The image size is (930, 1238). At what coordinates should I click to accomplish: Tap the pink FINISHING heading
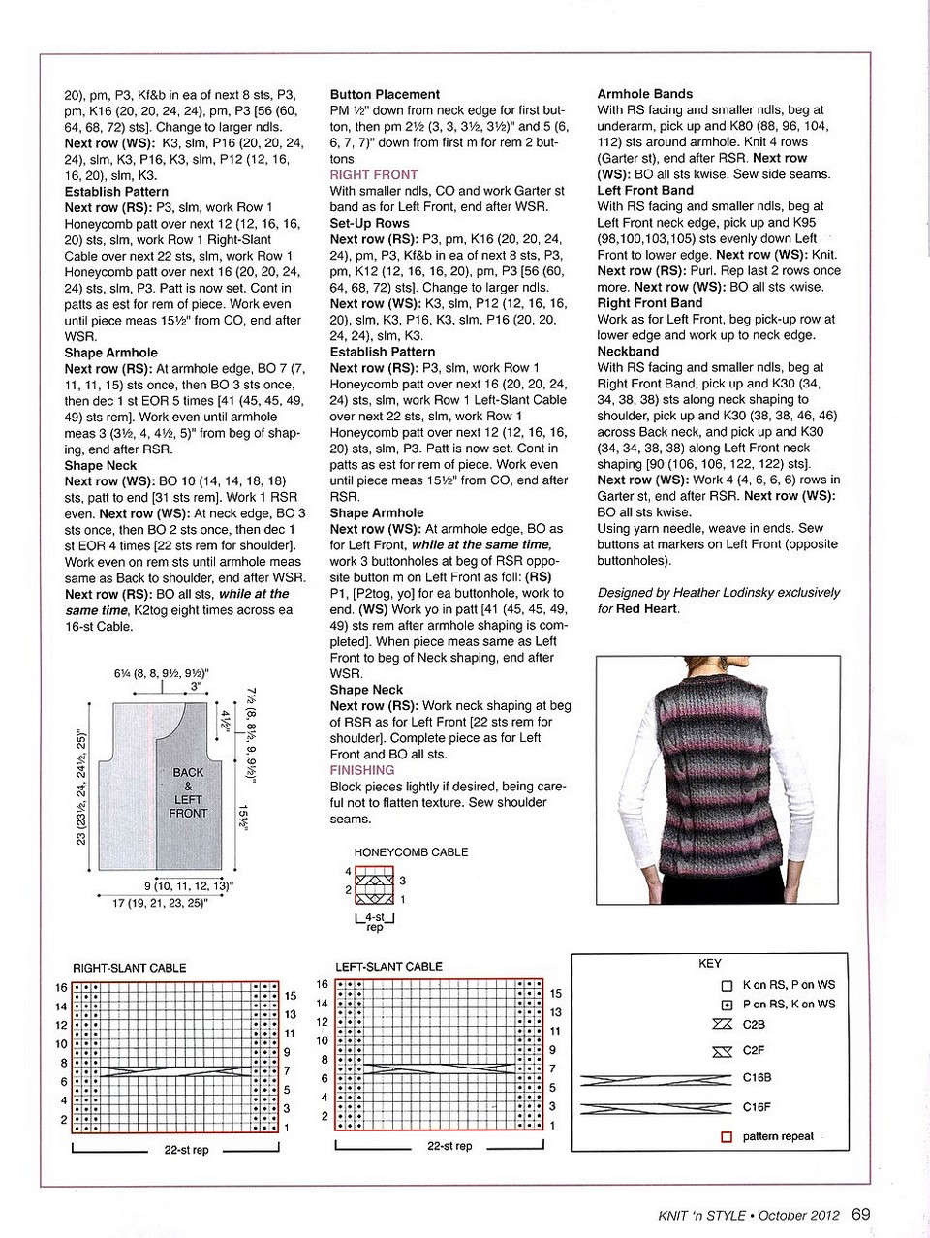click(362, 770)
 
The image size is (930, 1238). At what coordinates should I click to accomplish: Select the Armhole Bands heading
click(644, 94)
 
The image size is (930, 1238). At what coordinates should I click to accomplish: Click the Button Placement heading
click(385, 95)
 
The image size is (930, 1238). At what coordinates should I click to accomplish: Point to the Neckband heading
click(628, 352)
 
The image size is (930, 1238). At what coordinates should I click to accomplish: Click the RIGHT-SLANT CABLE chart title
click(130, 968)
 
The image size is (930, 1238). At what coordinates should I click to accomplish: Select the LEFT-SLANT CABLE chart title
click(388, 967)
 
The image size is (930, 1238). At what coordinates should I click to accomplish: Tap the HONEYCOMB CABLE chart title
click(411, 852)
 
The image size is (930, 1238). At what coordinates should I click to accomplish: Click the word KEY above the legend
click(709, 965)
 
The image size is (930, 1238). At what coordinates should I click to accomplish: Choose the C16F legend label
click(758, 1107)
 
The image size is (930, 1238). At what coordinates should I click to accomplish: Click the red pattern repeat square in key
click(727, 1137)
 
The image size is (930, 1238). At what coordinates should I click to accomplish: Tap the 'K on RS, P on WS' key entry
click(789, 985)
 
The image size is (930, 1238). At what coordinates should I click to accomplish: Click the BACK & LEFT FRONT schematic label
click(189, 792)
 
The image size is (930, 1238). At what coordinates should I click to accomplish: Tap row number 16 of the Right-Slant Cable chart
click(61, 988)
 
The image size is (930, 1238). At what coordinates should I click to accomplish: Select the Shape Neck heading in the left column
click(101, 465)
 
